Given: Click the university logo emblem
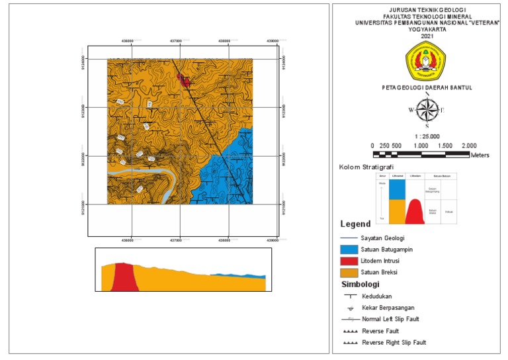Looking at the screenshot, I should coord(427,61).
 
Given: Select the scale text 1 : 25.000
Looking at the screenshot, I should coord(427,136).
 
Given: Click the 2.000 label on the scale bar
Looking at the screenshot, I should coord(469,146).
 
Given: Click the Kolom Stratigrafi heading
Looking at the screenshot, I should coord(364,167).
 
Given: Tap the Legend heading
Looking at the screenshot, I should coord(355,224).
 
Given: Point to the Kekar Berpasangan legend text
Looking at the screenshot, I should coord(389,308).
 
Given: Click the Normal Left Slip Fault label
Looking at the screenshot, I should coord(390,319).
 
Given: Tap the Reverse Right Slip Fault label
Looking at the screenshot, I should coord(394,343).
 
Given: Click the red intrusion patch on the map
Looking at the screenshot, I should coord(185,81).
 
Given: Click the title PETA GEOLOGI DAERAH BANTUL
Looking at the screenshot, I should coord(427,87).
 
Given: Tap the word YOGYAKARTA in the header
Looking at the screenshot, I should coord(427,29).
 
